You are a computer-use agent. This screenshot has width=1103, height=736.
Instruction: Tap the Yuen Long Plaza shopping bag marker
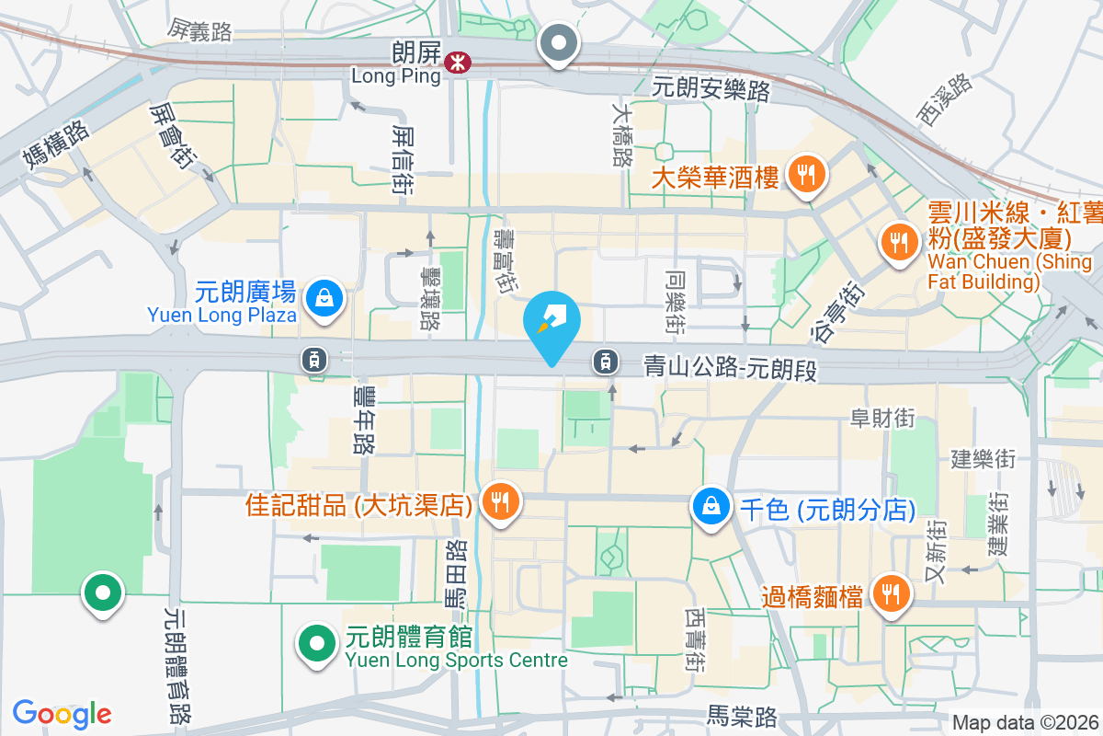click(324, 298)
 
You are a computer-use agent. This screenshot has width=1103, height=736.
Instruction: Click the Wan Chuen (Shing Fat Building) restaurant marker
click(895, 242)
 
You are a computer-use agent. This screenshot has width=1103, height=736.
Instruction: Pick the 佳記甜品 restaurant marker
click(499, 502)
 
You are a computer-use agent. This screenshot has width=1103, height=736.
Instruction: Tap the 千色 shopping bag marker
click(711, 505)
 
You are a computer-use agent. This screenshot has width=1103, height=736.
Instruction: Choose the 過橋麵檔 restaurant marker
click(889, 593)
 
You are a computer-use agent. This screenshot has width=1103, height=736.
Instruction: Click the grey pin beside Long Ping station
click(559, 42)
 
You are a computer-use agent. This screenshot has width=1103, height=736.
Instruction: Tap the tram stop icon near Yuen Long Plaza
click(314, 360)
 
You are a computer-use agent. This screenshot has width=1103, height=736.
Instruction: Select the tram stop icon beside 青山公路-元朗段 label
click(604, 362)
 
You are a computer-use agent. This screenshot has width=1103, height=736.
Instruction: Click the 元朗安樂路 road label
click(711, 90)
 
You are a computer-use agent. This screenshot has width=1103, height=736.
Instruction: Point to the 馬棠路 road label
click(742, 715)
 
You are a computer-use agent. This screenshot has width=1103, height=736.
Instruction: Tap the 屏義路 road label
click(199, 32)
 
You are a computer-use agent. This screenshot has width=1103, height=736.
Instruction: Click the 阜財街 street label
click(882, 419)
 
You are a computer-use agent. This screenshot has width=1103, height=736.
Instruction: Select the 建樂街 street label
click(983, 457)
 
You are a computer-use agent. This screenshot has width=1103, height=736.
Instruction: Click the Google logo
click(62, 714)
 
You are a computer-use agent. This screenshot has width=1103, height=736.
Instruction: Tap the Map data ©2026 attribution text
click(1024, 723)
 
